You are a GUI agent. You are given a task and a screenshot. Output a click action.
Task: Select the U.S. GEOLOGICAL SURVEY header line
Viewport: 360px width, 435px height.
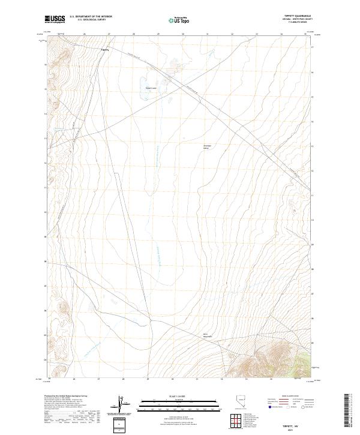(91, 20)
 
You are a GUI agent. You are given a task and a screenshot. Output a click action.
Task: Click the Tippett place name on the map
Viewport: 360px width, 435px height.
(105, 50)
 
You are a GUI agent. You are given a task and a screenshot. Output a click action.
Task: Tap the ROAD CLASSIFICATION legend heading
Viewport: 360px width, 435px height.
(286, 397)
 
